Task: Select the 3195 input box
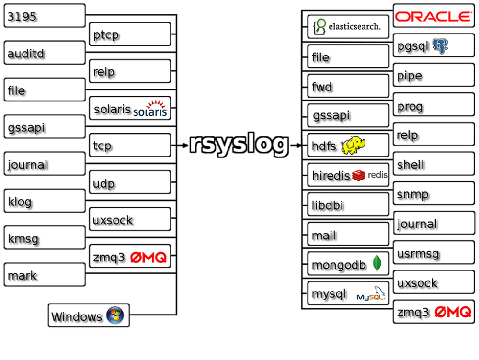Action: pos(45,16)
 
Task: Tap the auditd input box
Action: pos(45,53)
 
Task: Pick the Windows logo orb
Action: pos(115,315)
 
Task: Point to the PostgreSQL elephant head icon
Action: pos(440,46)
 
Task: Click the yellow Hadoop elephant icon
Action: pos(356,145)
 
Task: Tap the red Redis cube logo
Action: pos(359,175)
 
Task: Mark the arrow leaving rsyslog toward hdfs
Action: pos(296,145)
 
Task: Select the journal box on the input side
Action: pos(45,165)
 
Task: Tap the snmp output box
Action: pos(433,194)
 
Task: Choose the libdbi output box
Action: pos(348,205)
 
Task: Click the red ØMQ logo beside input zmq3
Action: pos(148,258)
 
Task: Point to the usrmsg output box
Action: pos(433,253)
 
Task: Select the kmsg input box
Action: pos(45,238)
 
